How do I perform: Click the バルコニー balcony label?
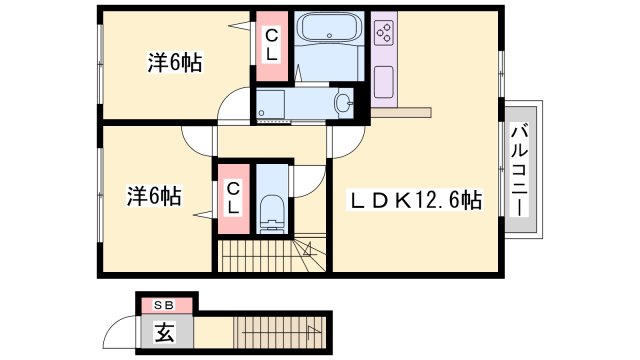tap(520, 167)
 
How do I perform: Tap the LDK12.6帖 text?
tap(415, 200)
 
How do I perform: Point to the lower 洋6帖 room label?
tap(153, 196)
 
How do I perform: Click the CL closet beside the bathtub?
tap(270, 46)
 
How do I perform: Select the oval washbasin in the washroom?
tap(344, 102)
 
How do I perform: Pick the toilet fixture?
tap(271, 213)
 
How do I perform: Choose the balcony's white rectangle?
tap(520, 168)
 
